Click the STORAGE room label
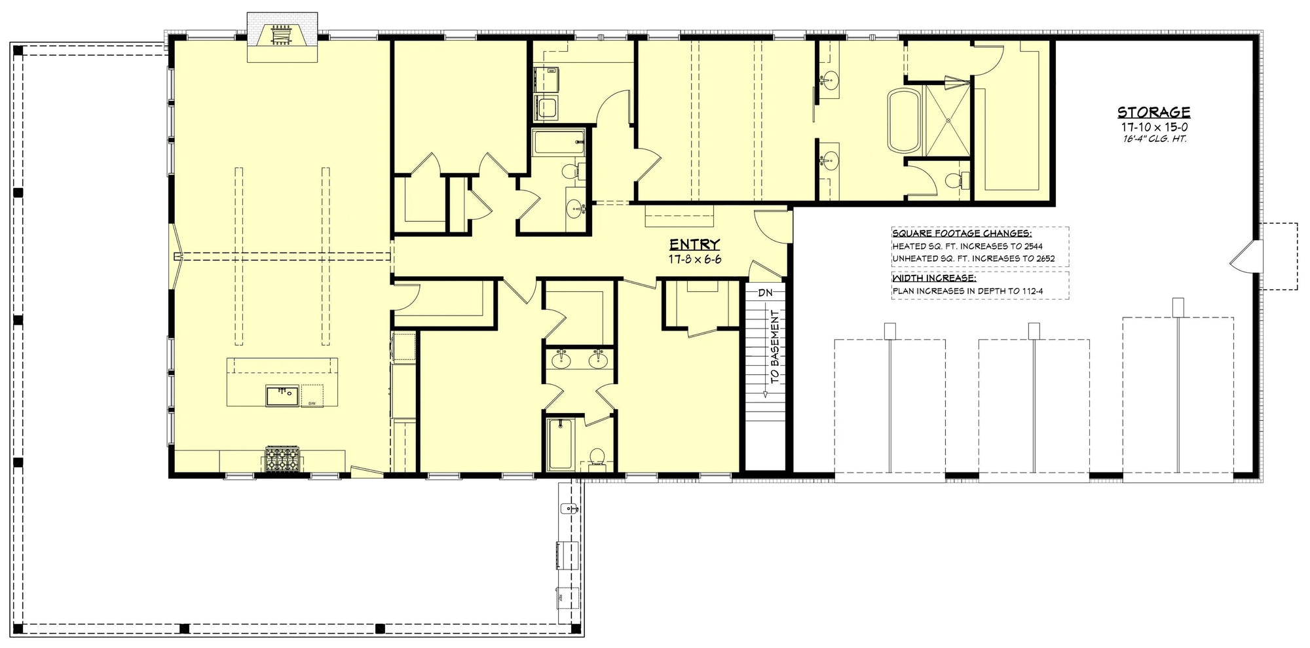pyautogui.click(x=1153, y=113)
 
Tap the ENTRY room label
pyautogui.click(x=694, y=245)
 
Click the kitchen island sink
pyautogui.click(x=282, y=395)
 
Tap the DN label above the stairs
pyautogui.click(x=765, y=293)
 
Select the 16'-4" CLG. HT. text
pyautogui.click(x=1153, y=139)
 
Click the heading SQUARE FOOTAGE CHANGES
pyautogui.click(x=962, y=234)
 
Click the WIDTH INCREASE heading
pyautogui.click(x=934, y=278)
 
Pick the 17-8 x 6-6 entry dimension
pyautogui.click(x=694, y=259)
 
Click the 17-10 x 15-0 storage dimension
pyautogui.click(x=1153, y=127)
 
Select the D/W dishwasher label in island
pyautogui.click(x=312, y=403)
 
